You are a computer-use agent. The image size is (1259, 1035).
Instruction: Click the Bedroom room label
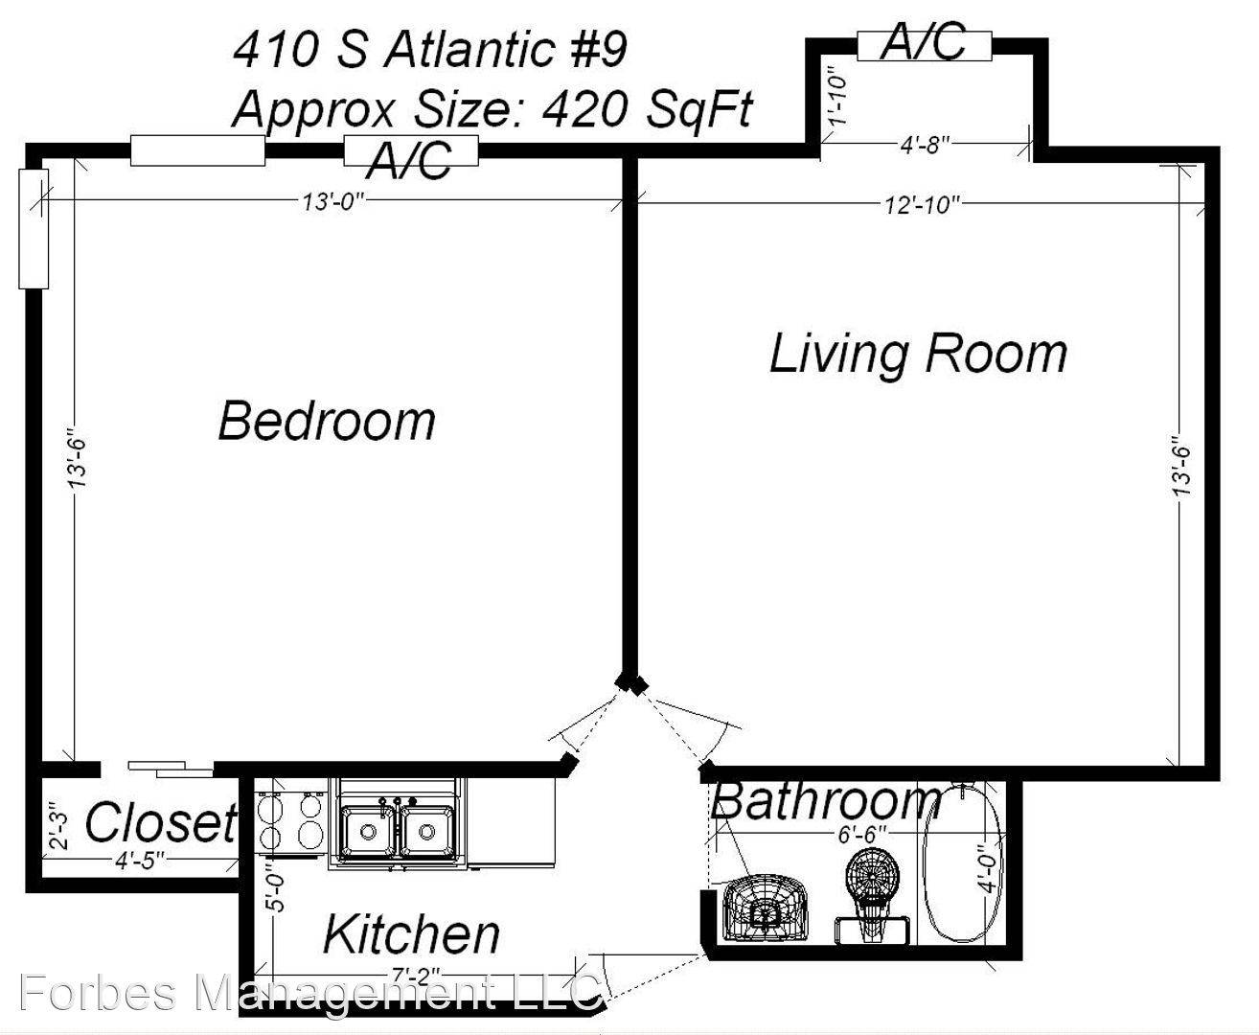pos(327,422)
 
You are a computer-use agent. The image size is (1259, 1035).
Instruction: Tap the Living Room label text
pos(918,355)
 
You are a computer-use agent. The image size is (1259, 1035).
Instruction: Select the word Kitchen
pos(411,934)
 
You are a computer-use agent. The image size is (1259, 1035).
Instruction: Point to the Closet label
pos(161,822)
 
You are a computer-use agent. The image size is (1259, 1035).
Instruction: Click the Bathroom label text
pos(826,800)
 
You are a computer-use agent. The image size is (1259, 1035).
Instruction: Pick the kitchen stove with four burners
pos(290,823)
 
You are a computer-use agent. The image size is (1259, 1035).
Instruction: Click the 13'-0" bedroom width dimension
pos(332,202)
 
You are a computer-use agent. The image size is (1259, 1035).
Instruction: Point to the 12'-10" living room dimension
pos(922,205)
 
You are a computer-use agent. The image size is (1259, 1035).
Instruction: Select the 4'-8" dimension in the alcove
pos(925,145)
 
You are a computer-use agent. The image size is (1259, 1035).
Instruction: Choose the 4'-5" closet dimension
pos(139,861)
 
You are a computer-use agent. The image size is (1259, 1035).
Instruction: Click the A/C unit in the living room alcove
pos(924,44)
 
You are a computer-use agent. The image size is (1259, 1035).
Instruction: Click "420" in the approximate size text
pos(584,110)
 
